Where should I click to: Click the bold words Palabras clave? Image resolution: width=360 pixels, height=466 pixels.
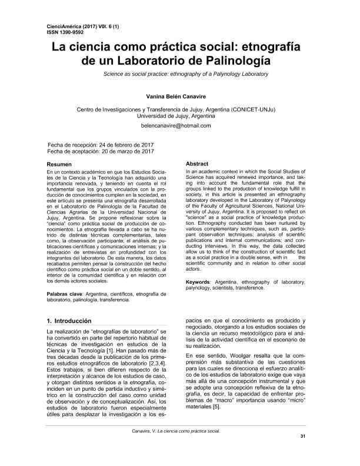coord(64,293)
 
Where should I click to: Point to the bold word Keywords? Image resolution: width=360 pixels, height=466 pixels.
coord(201,283)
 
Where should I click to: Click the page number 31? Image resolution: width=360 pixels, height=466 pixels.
coord(303,452)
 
